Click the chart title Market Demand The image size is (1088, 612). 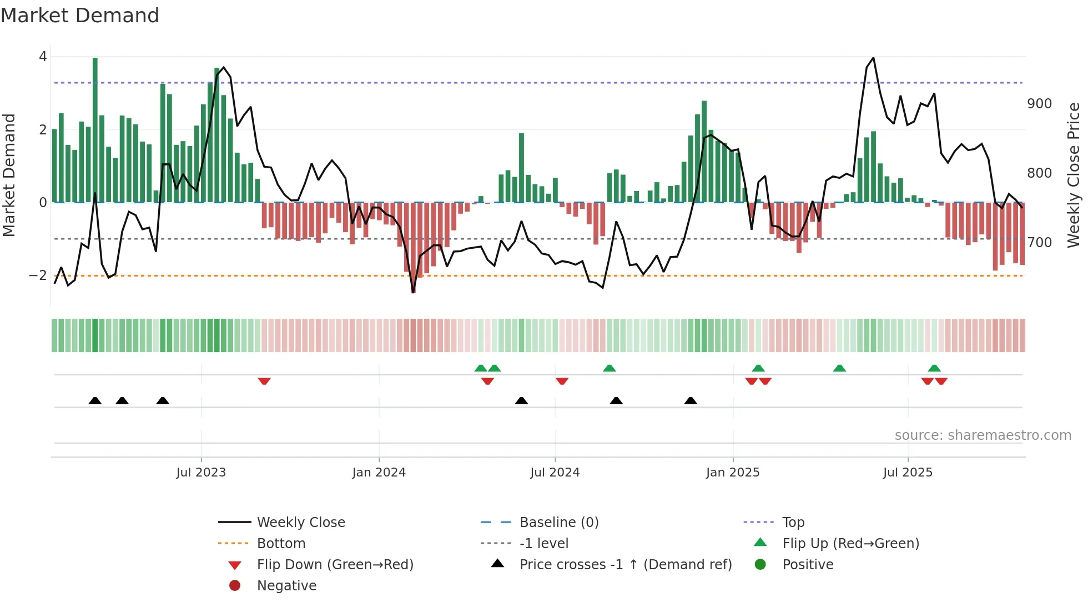point(80,16)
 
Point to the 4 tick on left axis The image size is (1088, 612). point(43,57)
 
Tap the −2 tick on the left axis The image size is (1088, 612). point(38,275)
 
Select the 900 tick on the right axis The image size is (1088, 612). point(1039,104)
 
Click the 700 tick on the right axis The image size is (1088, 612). point(1039,243)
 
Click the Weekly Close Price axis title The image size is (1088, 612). point(1074,175)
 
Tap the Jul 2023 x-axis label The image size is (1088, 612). point(201,473)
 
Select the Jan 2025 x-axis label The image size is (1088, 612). point(732,473)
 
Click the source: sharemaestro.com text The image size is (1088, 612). point(983,435)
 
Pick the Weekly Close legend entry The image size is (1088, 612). point(301,523)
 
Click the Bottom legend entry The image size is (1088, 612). point(281,544)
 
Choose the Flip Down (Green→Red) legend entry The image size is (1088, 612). point(335,565)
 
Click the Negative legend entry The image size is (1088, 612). point(286,586)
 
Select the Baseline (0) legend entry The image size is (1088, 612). point(559,523)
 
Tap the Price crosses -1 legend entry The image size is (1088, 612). point(626,565)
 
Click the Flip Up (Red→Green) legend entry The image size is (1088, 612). point(850,544)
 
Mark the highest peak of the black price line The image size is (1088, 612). point(873,58)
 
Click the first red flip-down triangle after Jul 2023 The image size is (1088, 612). point(264,381)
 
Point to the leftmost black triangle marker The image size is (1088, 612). point(95,400)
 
